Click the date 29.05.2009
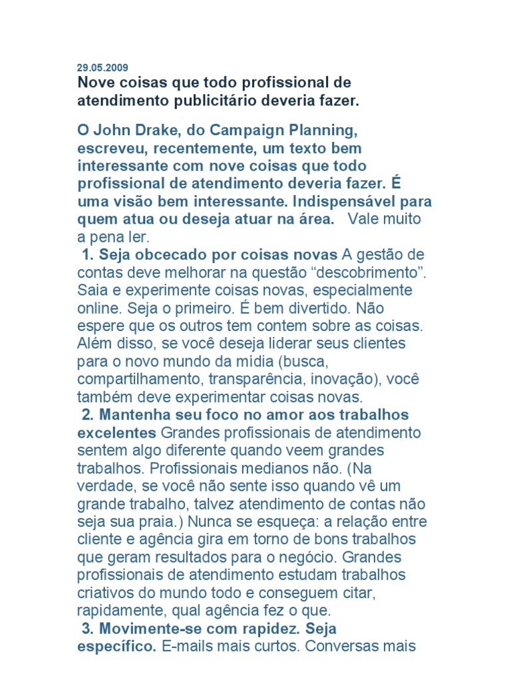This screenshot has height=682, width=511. pyautogui.click(x=102, y=68)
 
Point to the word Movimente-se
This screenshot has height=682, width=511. pyautogui.click(x=159, y=629)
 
